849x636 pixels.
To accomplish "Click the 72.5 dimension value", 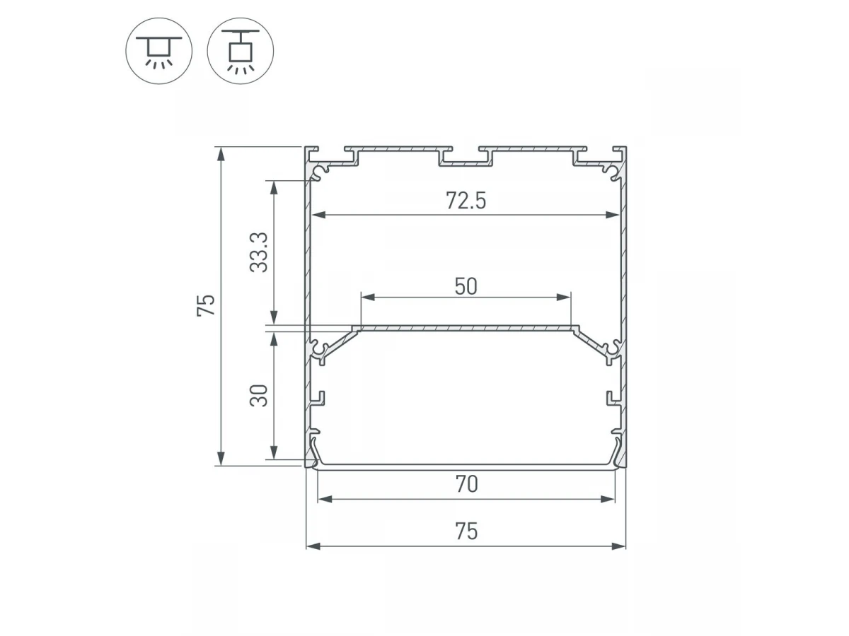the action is pyautogui.click(x=466, y=201).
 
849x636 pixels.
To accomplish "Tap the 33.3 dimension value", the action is pyautogui.click(x=259, y=252).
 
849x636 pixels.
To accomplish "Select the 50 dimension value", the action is pyautogui.click(x=466, y=286).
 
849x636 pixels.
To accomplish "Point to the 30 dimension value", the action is pyautogui.click(x=259, y=396).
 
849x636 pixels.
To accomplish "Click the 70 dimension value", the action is pyautogui.click(x=466, y=484).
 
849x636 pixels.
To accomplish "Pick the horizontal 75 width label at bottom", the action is pyautogui.click(x=466, y=531).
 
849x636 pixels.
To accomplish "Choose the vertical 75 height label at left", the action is pyautogui.click(x=206, y=305).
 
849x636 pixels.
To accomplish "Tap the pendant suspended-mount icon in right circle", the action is pyautogui.click(x=240, y=52).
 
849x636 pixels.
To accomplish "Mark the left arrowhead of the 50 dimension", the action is pyautogui.click(x=368, y=298).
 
